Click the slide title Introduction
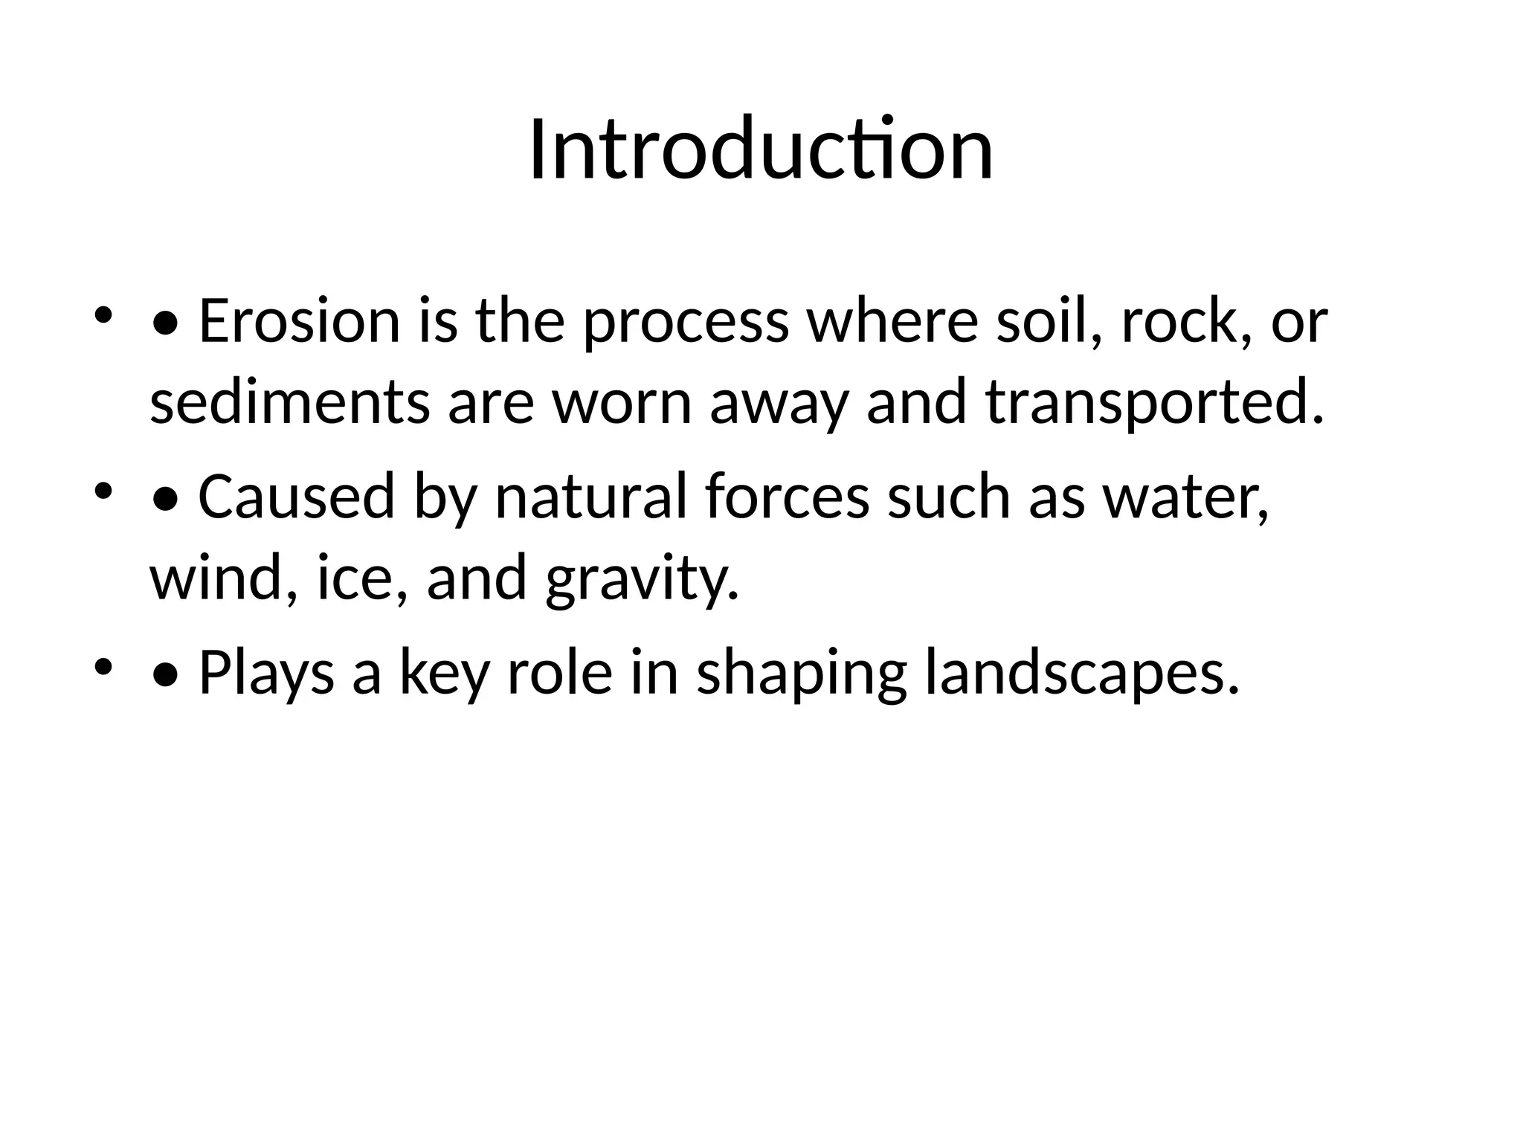coord(761,150)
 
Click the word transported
coord(1155,404)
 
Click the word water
coord(1185,498)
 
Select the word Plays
coord(266,674)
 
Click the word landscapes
coord(1082,674)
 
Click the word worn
coord(622,404)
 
